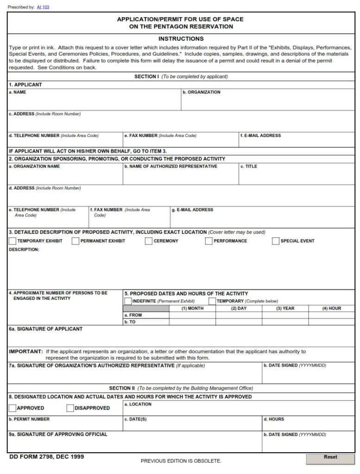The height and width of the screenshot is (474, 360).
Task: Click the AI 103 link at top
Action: tap(43, 7)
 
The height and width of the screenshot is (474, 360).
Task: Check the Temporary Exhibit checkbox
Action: tap(13, 241)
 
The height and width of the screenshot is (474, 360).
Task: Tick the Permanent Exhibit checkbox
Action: tap(75, 241)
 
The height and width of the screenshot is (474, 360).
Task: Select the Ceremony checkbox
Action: tap(148, 241)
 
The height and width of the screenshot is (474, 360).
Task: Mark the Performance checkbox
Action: tap(208, 241)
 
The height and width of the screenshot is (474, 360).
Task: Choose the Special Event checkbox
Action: tap(276, 241)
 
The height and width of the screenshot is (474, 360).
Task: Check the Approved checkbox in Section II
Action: tap(13, 408)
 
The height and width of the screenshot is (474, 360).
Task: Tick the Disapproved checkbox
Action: tap(70, 408)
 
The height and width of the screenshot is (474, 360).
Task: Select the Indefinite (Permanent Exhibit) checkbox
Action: tap(127, 301)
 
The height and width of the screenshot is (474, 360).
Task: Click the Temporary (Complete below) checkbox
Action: tap(212, 301)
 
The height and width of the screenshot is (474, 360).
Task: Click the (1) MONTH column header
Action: tap(192, 308)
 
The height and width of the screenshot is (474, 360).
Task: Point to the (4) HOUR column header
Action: tap(332, 308)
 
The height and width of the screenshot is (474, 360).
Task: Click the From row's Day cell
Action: tap(239, 315)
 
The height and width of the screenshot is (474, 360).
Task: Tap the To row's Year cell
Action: tap(285, 322)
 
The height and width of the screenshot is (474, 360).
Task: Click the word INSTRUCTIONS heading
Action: tap(181, 39)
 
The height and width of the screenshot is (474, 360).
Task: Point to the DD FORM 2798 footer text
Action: tap(46, 457)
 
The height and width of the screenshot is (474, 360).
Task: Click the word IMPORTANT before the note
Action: tap(26, 352)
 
